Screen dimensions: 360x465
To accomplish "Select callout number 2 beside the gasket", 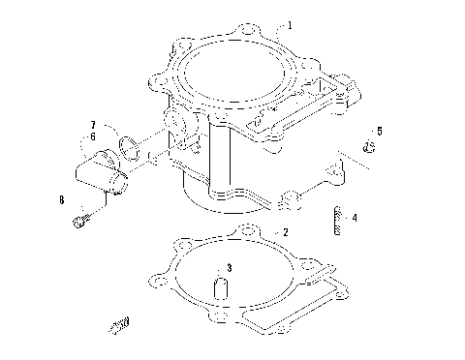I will (284, 233).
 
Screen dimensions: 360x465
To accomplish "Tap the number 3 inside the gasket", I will (229, 266).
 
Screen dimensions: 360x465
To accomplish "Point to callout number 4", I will (355, 219).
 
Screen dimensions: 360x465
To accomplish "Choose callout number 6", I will (92, 137).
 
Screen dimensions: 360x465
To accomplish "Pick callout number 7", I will (92, 126).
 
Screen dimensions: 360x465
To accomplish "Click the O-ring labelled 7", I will (125, 147).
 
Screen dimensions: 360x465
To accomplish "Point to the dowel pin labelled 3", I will (220, 288).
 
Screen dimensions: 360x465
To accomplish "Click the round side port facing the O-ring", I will (175, 124).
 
